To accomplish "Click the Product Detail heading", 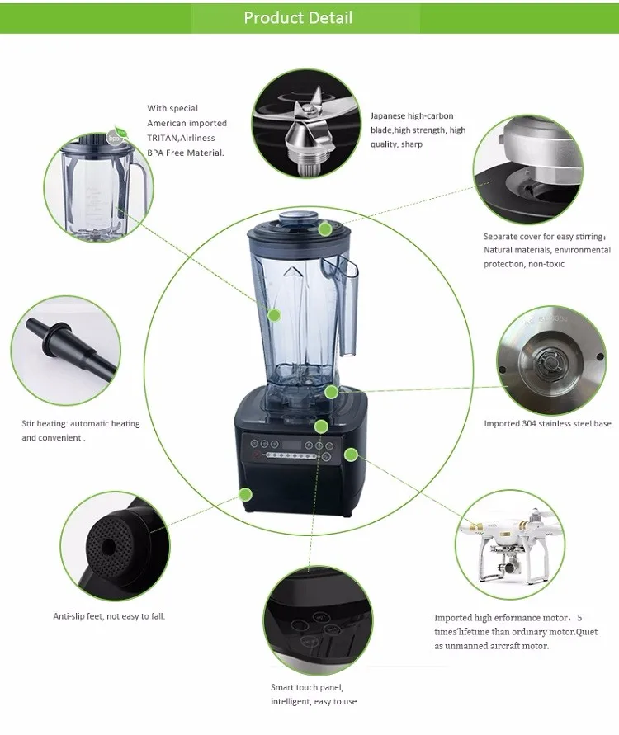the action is (x=298, y=18).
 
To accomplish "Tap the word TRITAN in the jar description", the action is (x=163, y=138).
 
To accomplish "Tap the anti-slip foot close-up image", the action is (x=115, y=547).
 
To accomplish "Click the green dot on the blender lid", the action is (x=325, y=229).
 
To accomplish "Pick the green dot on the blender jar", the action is (x=274, y=315).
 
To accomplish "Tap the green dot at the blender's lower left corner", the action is (x=245, y=494).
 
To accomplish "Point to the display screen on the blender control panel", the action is (x=291, y=445).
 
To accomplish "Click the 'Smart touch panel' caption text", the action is (x=307, y=687).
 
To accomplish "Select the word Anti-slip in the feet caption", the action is (x=69, y=616).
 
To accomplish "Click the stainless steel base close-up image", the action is (x=551, y=360).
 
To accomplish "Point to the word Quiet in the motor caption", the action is (x=587, y=632).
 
